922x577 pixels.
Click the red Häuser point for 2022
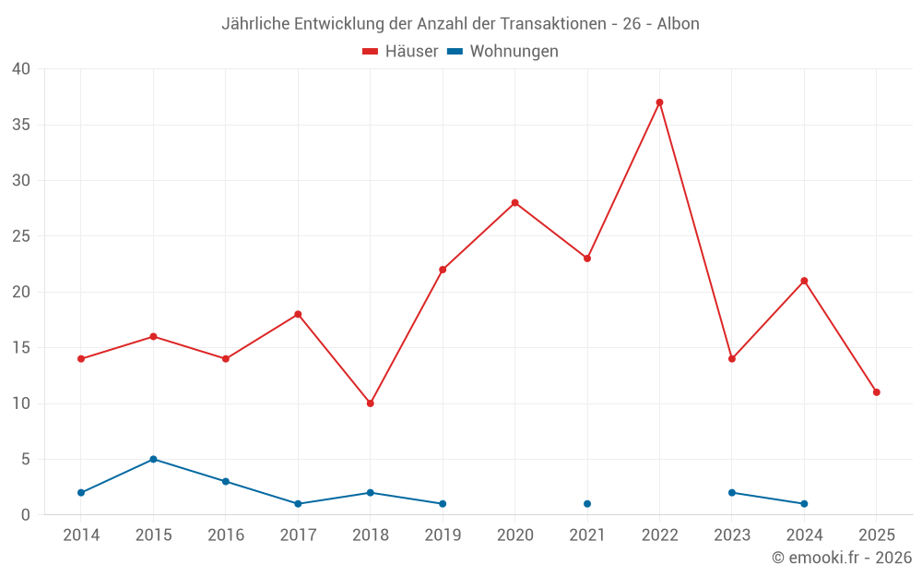[659, 102]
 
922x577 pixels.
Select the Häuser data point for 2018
[371, 403]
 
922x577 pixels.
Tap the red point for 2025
[876, 392]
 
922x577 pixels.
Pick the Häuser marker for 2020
[514, 203]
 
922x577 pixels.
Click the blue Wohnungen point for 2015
[153, 459]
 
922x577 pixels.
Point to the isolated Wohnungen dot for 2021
[587, 504]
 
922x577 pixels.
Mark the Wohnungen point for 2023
[732, 493]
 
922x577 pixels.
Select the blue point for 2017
[298, 504]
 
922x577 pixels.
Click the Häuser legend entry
[400, 52]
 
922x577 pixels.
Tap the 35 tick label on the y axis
[21, 125]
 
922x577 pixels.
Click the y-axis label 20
[21, 292]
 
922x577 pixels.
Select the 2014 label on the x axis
[81, 535]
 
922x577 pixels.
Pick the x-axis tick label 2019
[443, 535]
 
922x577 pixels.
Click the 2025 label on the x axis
[876, 535]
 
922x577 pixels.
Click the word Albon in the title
[678, 23]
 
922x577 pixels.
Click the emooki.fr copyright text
[842, 558]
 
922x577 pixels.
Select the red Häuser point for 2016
[226, 359]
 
